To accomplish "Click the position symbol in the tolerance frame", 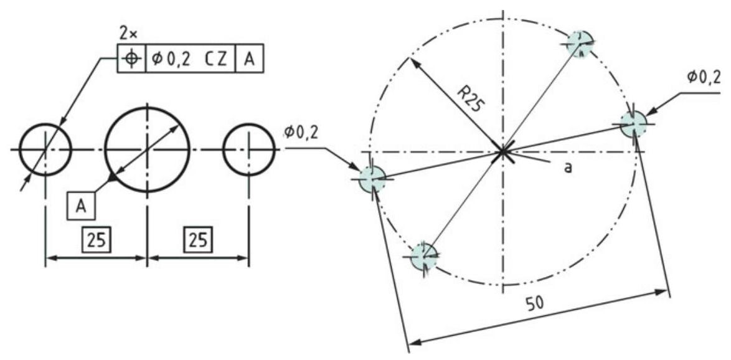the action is [x=131, y=59].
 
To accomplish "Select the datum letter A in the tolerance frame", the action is [x=250, y=59].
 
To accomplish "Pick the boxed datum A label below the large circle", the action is [x=81, y=206].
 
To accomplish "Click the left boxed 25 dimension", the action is [x=95, y=240].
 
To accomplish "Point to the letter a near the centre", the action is [x=568, y=168].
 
